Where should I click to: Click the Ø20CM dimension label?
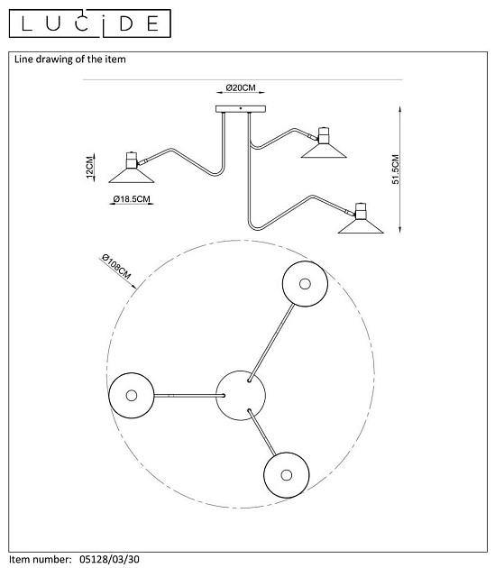[241, 87]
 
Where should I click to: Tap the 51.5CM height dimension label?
[395, 169]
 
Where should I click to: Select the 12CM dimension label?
[89, 167]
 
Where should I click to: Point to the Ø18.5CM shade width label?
[132, 199]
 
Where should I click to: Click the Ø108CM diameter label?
[116, 266]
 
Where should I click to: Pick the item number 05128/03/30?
[109, 559]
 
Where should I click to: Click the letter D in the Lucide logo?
[126, 23]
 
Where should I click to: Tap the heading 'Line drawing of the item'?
[70, 60]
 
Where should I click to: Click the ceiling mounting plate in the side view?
[241, 109]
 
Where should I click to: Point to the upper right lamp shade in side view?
[324, 151]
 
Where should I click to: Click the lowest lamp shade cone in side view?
[361, 226]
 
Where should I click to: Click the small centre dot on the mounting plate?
[241, 108]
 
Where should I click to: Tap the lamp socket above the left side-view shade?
[132, 160]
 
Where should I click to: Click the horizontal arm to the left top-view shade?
[188, 396]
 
